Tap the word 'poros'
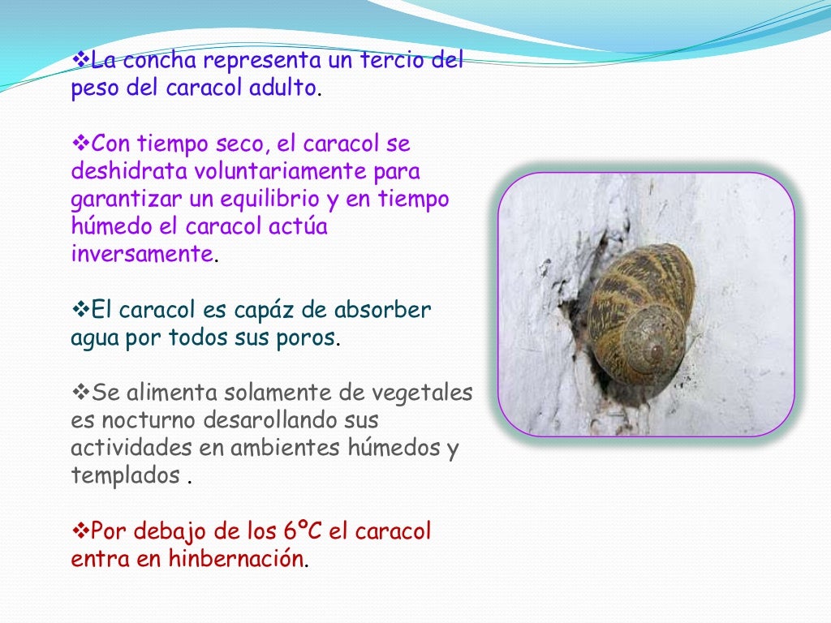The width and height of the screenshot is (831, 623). tap(306, 337)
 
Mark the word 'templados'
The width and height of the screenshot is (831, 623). tap(126, 475)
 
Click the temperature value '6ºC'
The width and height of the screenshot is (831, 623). tap(299, 531)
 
